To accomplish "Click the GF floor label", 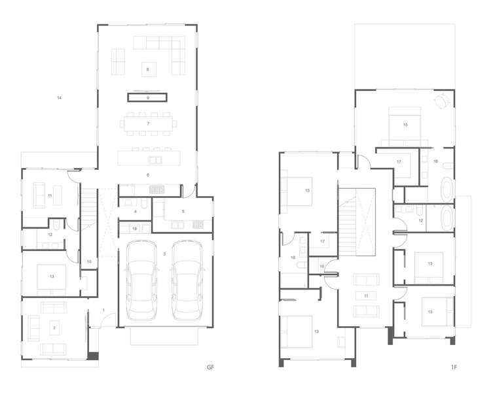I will click(x=210, y=368).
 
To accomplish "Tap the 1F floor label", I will click(x=453, y=368).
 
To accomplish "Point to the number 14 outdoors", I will click(x=59, y=98).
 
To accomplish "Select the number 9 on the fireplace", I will click(x=148, y=97).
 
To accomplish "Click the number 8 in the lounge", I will click(x=148, y=69).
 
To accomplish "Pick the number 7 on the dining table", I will click(x=148, y=123).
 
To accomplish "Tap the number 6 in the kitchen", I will click(x=148, y=175).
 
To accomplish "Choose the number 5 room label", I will click(x=183, y=211).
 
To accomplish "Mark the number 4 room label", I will click(x=135, y=212).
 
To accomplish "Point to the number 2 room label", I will click(x=55, y=326).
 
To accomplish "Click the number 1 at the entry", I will click(x=103, y=309).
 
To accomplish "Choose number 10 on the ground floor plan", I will click(x=89, y=261).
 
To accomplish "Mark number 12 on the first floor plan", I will click(x=421, y=220).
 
